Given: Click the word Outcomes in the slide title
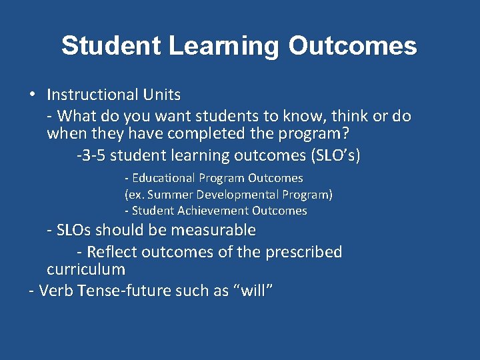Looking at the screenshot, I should coord(353,47).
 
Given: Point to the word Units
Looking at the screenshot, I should coord(163,95).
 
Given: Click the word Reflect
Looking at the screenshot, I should coord(113,252).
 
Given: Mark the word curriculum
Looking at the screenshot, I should coord(85,270).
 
